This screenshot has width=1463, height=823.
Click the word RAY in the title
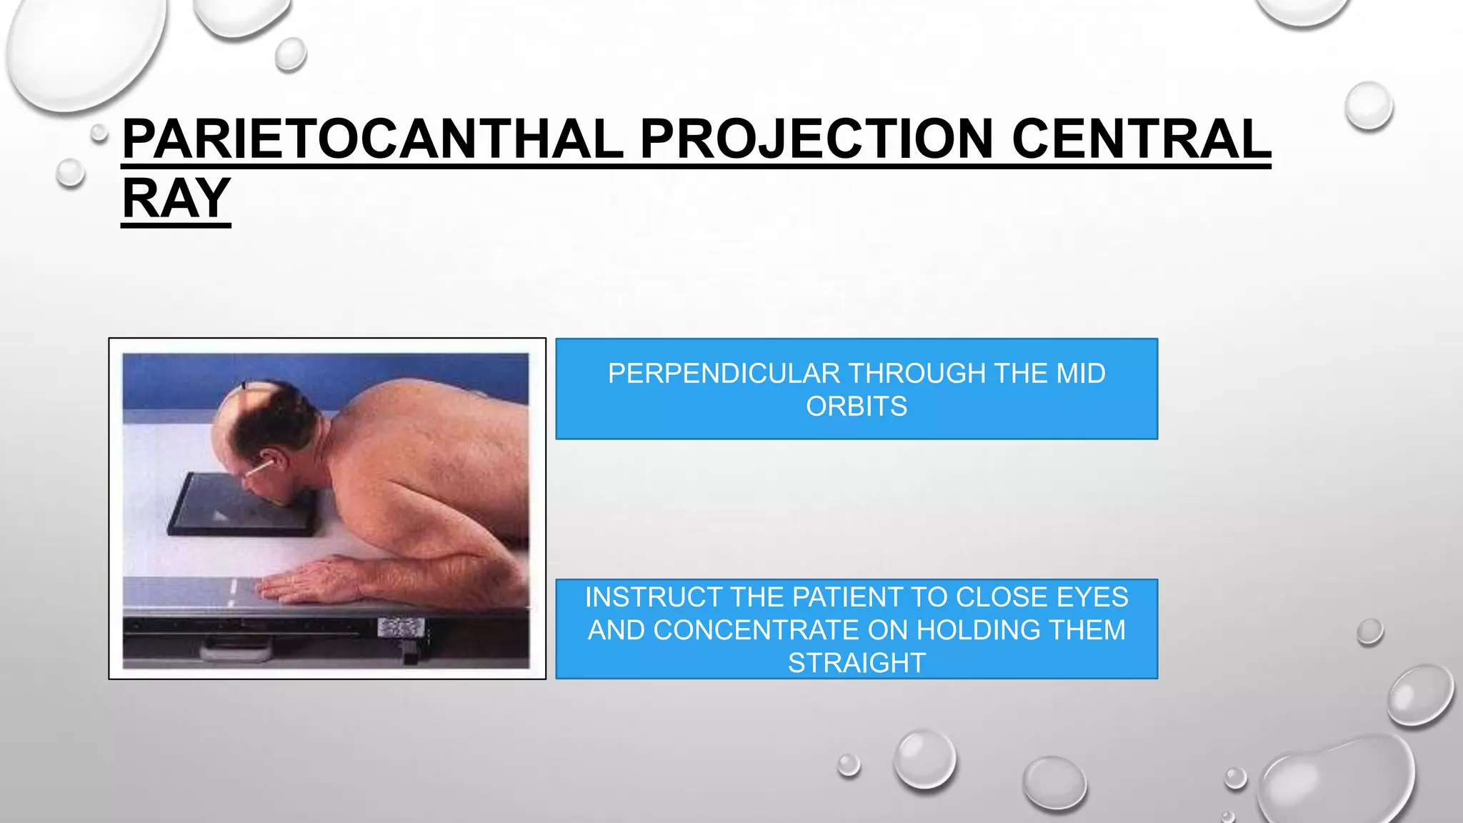click(x=176, y=198)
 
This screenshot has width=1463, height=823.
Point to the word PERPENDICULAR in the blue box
click(x=724, y=374)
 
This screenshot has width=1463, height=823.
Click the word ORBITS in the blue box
click(x=857, y=406)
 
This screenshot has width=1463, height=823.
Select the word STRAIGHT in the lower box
click(x=857, y=663)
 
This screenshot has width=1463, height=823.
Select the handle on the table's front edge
click(x=236, y=650)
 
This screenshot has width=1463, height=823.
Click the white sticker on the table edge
click(x=400, y=629)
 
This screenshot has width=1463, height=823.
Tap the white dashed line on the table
click(x=233, y=593)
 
